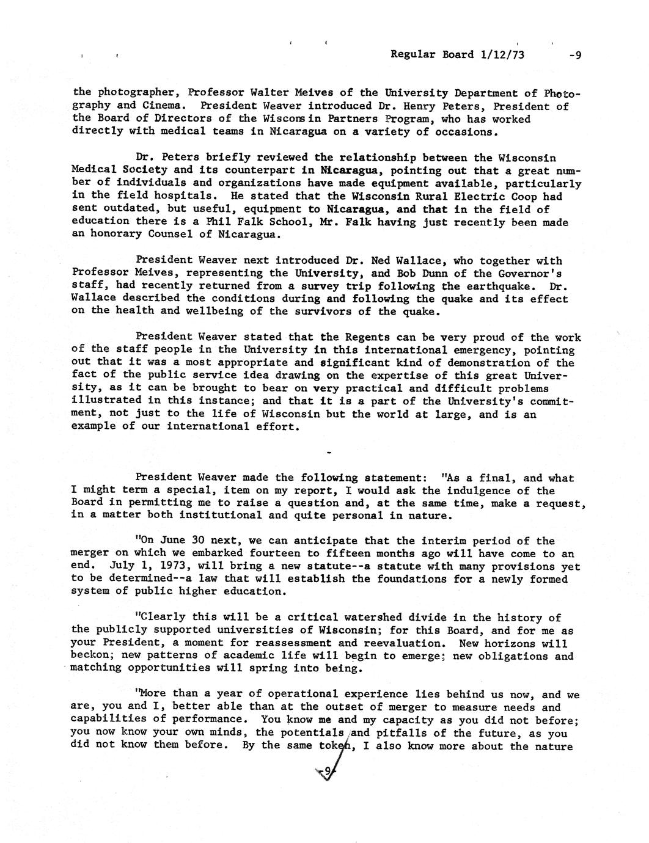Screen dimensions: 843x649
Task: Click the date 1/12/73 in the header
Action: click(x=502, y=54)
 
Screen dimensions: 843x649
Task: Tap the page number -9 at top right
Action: click(x=574, y=55)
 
